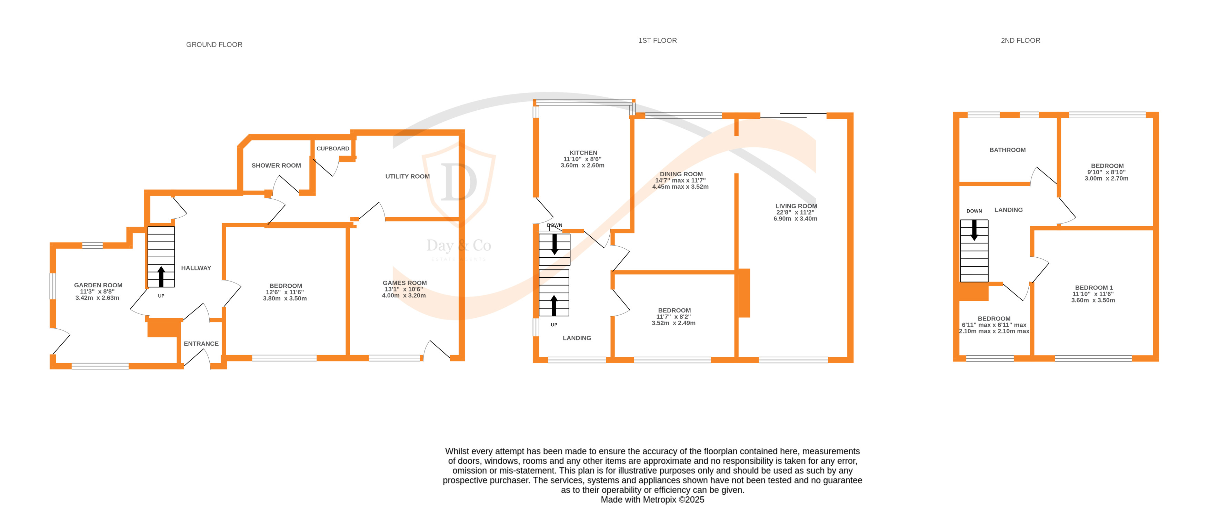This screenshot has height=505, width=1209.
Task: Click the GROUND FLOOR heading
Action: click(214, 44)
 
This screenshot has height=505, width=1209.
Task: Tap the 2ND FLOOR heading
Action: click(1020, 40)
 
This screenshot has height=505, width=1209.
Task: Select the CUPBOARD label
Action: click(333, 148)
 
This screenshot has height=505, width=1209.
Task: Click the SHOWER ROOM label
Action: click(276, 165)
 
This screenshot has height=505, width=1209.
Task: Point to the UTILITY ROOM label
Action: click(407, 177)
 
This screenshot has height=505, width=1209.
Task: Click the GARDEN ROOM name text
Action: click(98, 285)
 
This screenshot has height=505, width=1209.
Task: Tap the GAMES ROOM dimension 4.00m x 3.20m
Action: click(403, 296)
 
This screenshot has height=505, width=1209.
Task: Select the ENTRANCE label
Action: click(201, 344)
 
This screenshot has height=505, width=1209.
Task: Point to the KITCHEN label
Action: click(583, 152)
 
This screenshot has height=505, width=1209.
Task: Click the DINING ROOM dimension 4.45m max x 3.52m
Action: click(680, 187)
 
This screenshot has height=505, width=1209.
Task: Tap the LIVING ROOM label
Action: click(796, 206)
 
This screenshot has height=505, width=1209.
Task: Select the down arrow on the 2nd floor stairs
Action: click(974, 230)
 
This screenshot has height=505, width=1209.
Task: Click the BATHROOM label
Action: click(1007, 150)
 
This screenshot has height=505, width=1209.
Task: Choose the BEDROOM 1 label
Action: click(1093, 288)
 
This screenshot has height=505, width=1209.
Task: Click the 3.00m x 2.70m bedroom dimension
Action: click(1106, 178)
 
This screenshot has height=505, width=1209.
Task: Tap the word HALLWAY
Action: click(196, 268)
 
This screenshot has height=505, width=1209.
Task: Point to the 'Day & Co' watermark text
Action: click(459, 246)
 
